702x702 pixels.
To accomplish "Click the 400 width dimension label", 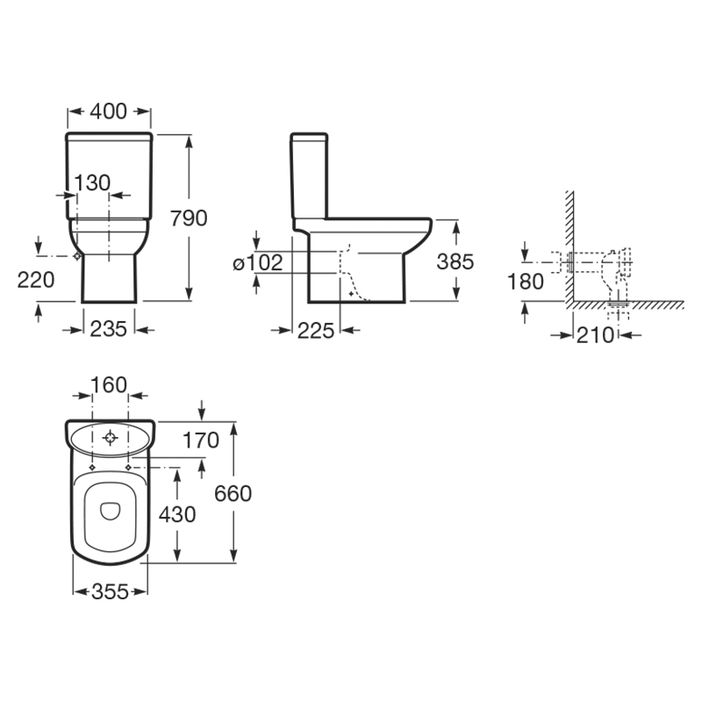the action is (109, 111).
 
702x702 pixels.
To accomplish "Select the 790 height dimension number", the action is (189, 218).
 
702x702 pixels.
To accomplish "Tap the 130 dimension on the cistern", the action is (92, 183).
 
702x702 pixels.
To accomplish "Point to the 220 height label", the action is (36, 280).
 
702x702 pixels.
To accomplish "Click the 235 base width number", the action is (109, 330).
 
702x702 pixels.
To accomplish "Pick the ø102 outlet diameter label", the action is (258, 262).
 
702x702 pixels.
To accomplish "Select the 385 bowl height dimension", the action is (455, 261).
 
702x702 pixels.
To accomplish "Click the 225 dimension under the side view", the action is (316, 331).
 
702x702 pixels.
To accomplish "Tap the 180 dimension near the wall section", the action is (526, 282).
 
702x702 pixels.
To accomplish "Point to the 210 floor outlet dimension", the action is (595, 335).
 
